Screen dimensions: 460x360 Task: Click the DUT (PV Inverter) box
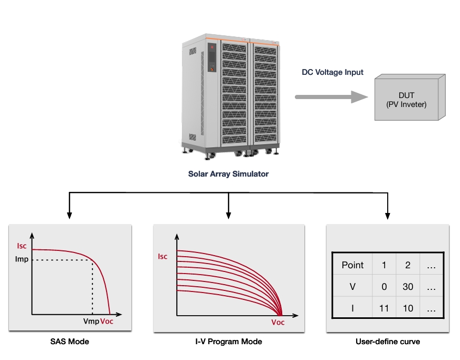410,98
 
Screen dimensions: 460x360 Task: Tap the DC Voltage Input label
332,72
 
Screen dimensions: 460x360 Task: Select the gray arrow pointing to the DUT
331,97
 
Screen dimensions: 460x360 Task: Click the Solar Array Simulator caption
228,174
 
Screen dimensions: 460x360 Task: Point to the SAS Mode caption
70,342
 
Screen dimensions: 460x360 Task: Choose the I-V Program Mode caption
228,342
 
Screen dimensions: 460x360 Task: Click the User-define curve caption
388,342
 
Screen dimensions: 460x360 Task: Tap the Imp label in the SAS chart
22,259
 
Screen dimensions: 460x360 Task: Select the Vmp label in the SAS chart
91,322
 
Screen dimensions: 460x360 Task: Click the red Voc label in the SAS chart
107,322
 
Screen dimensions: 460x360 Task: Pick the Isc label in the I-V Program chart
162,257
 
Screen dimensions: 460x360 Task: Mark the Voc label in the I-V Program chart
278,323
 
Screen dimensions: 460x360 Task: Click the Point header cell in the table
352,265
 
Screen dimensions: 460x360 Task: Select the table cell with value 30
408,286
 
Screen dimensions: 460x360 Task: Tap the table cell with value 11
384,308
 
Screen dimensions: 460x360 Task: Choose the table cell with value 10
408,308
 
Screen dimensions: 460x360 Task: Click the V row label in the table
352,286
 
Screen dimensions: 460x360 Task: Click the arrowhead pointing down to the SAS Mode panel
69,216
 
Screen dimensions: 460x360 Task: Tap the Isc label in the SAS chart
22,246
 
